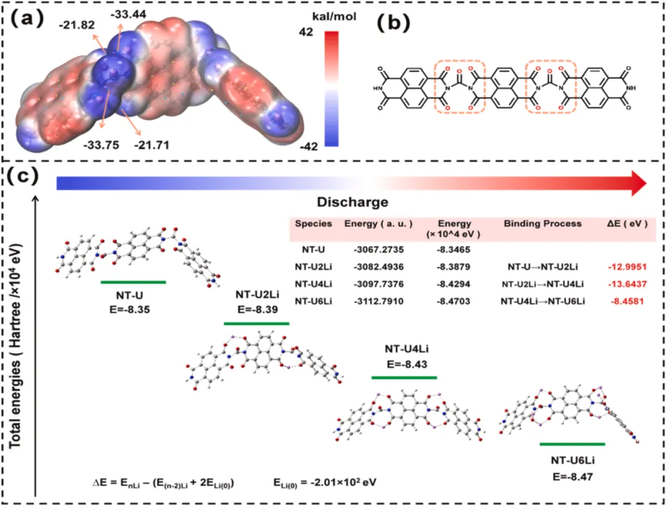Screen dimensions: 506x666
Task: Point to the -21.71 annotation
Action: [x=149, y=145]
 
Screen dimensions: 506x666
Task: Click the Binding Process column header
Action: [x=542, y=223]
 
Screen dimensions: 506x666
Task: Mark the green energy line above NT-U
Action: [x=133, y=282]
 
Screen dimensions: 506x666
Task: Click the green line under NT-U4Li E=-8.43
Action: [x=404, y=377]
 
